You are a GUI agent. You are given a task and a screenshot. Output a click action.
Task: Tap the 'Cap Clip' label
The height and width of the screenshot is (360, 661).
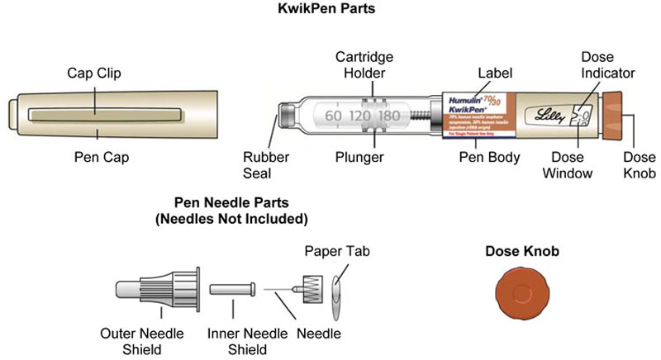coord(93,73)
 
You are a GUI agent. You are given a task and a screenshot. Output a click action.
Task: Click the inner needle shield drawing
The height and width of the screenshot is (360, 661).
coord(233,290)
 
